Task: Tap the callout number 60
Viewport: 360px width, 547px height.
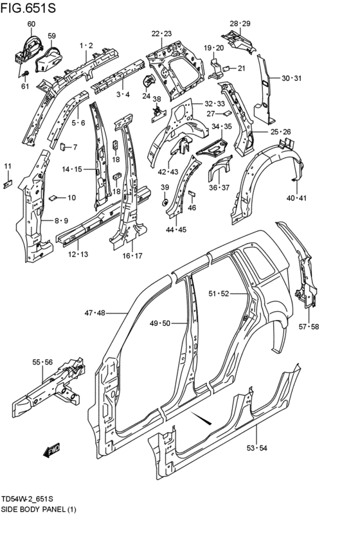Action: [x=31, y=24]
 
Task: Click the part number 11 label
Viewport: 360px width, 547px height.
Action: [x=8, y=167]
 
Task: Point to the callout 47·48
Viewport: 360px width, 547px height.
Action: [x=94, y=313]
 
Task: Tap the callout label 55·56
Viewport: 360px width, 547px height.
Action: [x=42, y=363]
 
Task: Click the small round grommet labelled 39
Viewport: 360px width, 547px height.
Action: [x=165, y=202]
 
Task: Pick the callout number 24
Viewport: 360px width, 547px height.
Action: [x=146, y=96]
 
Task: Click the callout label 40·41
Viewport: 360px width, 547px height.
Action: [x=297, y=198]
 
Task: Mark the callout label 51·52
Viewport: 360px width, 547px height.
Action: [x=218, y=294]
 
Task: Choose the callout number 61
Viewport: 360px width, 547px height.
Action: [x=25, y=86]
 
